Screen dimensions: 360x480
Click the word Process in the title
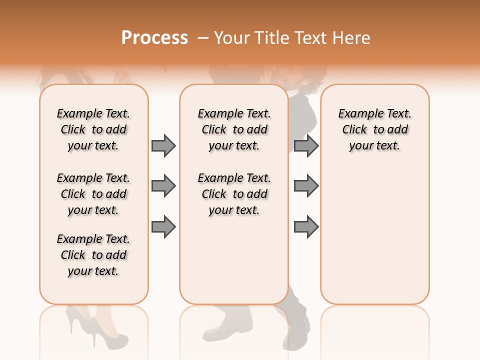tap(154, 38)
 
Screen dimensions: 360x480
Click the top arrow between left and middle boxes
tap(163, 145)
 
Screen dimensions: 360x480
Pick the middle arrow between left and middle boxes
tap(163, 186)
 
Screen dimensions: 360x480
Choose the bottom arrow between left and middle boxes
tap(163, 226)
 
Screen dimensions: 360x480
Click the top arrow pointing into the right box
tap(306, 145)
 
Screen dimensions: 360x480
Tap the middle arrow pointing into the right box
tap(306, 186)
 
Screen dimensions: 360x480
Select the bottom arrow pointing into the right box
tap(306, 226)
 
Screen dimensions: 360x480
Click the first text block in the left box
tap(93, 129)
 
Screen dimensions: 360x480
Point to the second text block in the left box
tap(93, 194)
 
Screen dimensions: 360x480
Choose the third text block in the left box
tap(93, 255)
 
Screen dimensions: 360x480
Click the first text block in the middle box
tap(234, 129)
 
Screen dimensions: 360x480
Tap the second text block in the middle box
tap(234, 194)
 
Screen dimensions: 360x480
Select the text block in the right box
tap(375, 129)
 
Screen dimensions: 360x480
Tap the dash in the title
tap(203, 38)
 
